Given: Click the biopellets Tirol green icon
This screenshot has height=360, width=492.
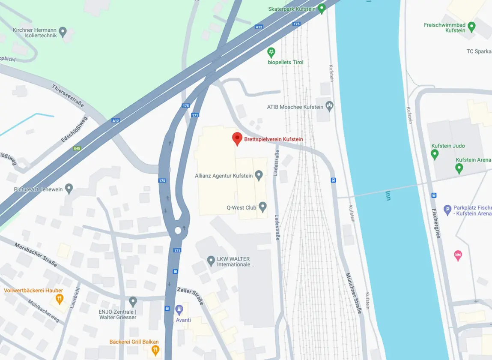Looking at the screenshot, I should [x=271, y=53].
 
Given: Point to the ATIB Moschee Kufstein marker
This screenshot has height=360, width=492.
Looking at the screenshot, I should [x=329, y=105].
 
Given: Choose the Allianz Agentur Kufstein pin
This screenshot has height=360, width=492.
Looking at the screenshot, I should [x=259, y=175].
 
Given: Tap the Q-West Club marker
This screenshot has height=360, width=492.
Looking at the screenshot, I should [x=262, y=207].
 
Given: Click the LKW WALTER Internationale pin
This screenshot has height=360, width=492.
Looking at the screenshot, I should [x=211, y=260].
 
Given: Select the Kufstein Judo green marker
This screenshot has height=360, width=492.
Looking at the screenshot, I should [x=435, y=154].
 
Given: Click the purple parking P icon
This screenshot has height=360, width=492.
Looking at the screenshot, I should [x=448, y=210].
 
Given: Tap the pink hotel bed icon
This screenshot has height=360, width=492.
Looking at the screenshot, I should [x=458, y=256].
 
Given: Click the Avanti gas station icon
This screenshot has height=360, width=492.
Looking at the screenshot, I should [x=179, y=309].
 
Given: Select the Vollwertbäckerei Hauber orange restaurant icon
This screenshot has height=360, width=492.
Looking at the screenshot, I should [x=60, y=298].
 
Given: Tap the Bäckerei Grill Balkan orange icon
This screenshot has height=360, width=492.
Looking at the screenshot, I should [x=155, y=350].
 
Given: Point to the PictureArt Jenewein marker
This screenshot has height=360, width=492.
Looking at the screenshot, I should [x=69, y=188].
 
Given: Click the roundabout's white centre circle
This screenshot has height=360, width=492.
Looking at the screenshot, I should [x=178, y=231].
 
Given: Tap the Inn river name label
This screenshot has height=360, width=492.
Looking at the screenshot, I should [x=388, y=195].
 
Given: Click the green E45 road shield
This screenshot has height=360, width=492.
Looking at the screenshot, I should [x=77, y=148].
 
